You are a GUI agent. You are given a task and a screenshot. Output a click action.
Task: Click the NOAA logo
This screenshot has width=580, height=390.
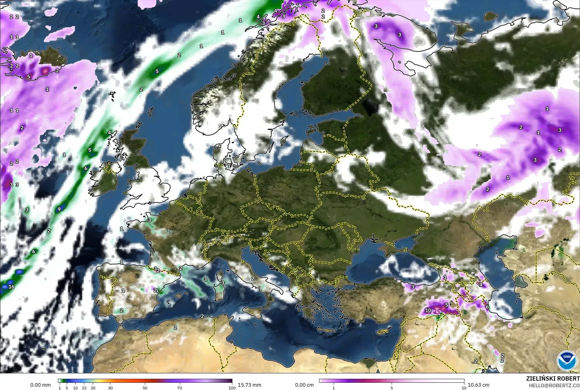coord(566,360)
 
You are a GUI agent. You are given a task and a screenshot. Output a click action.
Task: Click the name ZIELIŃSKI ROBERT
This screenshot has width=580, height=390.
coord(553,379)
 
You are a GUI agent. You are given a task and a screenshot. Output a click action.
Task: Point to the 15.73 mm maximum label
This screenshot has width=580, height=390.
coord(249,385)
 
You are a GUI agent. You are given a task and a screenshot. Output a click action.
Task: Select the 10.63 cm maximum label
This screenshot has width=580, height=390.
coord(478,385)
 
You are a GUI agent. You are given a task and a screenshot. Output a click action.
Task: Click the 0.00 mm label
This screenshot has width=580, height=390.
coord(40,385)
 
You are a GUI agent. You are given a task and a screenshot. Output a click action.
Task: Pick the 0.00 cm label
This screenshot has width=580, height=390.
coord(304,385)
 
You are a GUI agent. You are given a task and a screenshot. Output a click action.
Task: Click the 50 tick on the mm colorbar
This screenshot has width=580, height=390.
coord(145,388)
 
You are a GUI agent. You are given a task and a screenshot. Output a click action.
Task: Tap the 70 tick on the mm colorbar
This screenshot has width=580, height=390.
coord(180,388)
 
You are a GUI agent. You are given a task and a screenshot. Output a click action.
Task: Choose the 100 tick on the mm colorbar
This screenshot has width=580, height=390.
coord(232,388)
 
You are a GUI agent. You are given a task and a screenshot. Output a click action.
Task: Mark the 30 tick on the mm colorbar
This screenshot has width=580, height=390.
coord(110,388)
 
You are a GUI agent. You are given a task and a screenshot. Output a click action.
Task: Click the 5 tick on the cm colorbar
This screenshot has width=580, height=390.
coord(392,388)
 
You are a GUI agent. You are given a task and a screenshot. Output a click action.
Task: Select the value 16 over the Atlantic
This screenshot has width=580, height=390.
coord(12,287)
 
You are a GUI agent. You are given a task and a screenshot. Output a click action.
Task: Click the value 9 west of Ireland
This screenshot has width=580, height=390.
coord(59,209)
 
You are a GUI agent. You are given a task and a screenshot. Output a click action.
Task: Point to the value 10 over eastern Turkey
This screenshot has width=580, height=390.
coord(428,310)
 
